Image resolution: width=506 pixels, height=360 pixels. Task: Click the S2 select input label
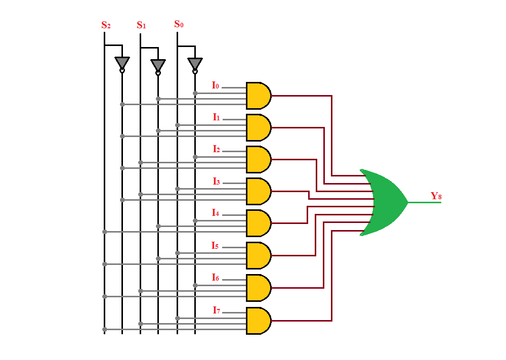point(106,25)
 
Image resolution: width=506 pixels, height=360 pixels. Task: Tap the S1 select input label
point(141,25)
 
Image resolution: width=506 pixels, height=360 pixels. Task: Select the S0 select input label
point(179,24)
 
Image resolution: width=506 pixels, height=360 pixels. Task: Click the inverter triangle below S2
point(122,62)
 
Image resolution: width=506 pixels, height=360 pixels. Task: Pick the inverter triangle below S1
point(158,65)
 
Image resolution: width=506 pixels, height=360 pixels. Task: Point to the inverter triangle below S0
point(195,63)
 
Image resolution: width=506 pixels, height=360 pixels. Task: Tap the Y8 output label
point(436,196)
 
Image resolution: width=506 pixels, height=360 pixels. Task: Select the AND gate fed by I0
point(258,96)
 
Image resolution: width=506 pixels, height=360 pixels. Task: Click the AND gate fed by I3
point(258,191)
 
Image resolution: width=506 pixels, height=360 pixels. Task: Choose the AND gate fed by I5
point(258,255)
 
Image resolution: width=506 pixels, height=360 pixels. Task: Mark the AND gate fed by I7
point(258,321)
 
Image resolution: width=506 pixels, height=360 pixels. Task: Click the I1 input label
point(216,117)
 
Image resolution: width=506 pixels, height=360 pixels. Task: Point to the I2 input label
point(216,149)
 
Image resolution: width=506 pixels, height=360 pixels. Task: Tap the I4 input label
point(216,213)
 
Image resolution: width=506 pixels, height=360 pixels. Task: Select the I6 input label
point(216,278)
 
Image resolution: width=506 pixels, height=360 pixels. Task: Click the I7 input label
point(216,310)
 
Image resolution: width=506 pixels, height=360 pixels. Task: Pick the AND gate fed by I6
point(258,288)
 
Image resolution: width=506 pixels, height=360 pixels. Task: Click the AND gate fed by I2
point(258,159)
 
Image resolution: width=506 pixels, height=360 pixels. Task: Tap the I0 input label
point(216,85)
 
